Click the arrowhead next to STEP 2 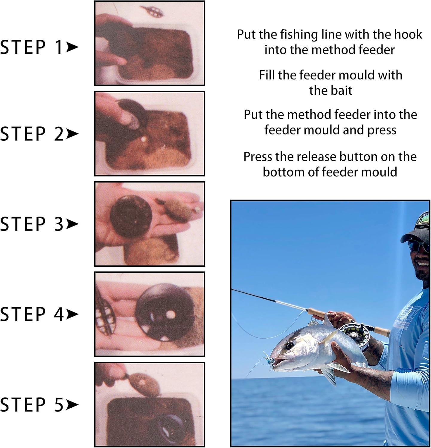pyautogui.click(x=72, y=134)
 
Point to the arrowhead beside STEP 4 pyautogui.click(x=72, y=314)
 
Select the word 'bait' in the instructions pyautogui.click(x=331, y=90)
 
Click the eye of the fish pyautogui.click(x=289, y=346)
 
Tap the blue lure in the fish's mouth pyautogui.click(x=269, y=361)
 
